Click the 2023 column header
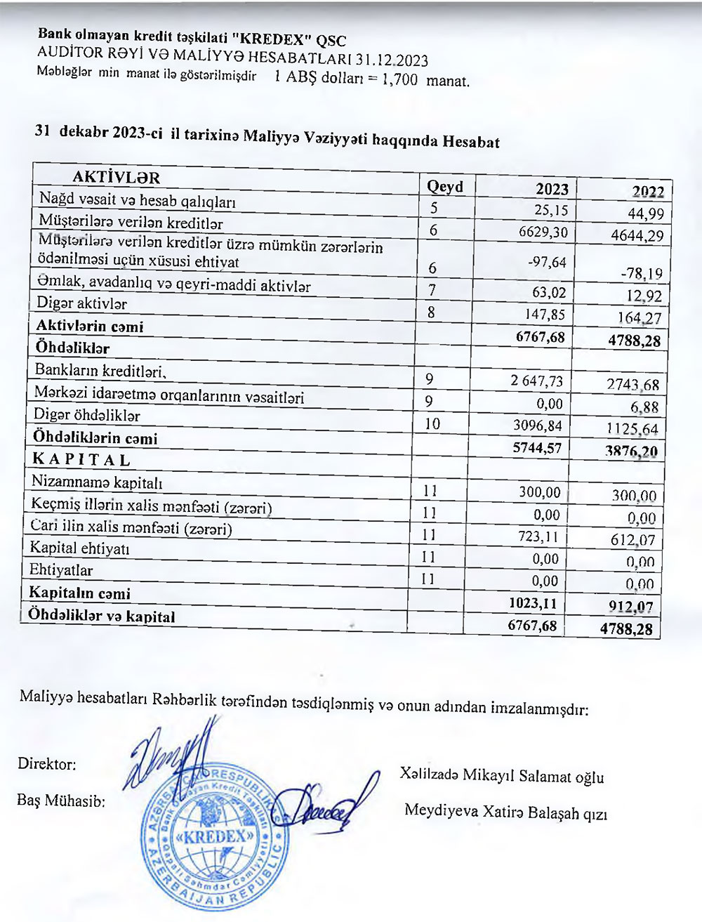pyautogui.click(x=552, y=188)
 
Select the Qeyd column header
pyautogui.click(x=445, y=186)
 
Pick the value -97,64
pyautogui.click(x=549, y=262)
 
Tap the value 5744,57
pyautogui.click(x=538, y=447)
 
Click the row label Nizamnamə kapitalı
pyautogui.click(x=97, y=482)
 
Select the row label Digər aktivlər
pyautogui.click(x=81, y=304)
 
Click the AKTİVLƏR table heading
pyautogui.click(x=116, y=178)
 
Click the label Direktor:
pyautogui.click(x=47, y=763)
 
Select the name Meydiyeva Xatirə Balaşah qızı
pyautogui.click(x=505, y=812)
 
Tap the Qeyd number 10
pyautogui.click(x=432, y=423)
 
